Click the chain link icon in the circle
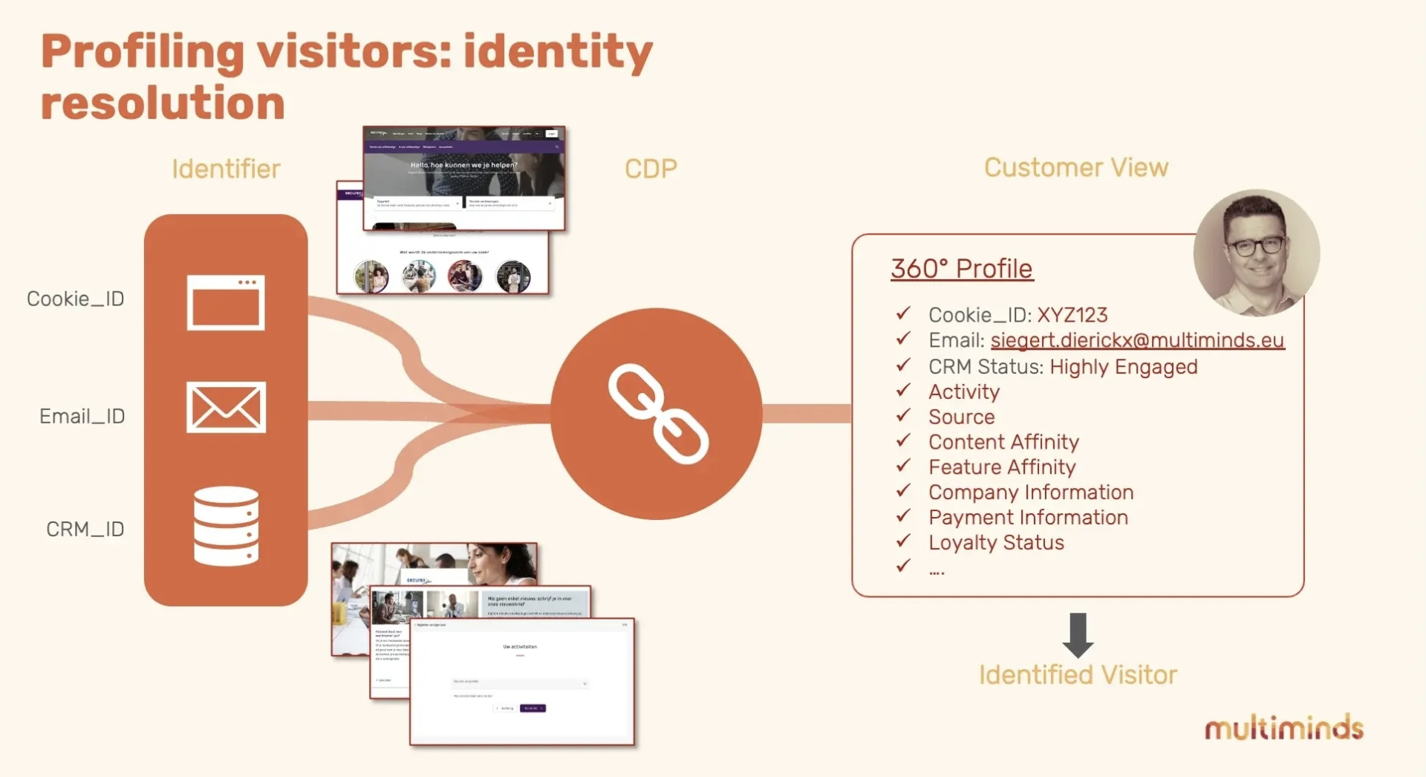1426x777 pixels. coord(658,413)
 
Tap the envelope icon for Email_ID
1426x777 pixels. coord(226,407)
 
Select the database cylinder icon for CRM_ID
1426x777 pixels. coord(226,526)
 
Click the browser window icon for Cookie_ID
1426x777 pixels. coord(226,302)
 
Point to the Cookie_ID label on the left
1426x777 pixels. coord(75,299)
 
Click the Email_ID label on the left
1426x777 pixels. coord(82,416)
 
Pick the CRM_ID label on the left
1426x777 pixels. coord(85,529)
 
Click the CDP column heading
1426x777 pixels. coord(651,169)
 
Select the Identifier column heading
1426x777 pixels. coord(226,169)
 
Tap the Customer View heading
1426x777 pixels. coord(1075,168)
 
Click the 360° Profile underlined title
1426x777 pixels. coord(962,268)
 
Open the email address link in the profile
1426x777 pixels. coord(1137,340)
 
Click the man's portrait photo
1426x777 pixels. coord(1256,253)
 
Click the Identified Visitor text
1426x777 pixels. coord(1078,674)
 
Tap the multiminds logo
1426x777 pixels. coord(1283,728)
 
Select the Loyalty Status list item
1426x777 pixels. coord(996,542)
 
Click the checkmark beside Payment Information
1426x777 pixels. coord(903,516)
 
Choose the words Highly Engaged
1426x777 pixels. coord(1123,367)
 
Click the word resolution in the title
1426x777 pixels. coord(163,103)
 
